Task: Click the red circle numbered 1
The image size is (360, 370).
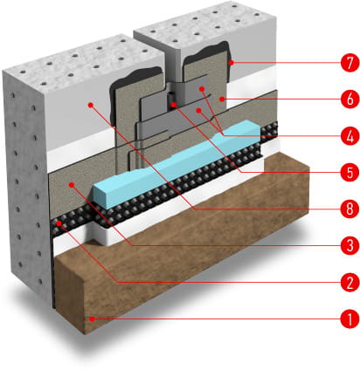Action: coord(350,319)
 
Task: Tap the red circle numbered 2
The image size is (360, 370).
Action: coord(350,282)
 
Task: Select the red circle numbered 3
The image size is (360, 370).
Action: coord(350,245)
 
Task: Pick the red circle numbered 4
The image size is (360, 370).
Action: coord(350,136)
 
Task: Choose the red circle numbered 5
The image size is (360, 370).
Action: coord(350,173)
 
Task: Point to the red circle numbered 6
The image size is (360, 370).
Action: coord(350,99)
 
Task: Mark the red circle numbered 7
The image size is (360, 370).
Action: coord(350,63)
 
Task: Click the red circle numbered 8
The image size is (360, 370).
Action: coord(350,209)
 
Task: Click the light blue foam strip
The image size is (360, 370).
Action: coord(177,164)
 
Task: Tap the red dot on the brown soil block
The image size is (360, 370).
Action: coord(92,319)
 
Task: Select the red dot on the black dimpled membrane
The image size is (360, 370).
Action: coord(59,223)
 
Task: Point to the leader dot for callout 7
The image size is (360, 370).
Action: coord(232,63)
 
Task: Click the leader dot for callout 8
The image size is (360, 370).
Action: coord(91,105)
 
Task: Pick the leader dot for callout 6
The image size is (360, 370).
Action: coord(222,99)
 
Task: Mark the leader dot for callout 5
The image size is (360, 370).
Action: coord(173,105)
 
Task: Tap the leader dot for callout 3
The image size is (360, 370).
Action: coord(72,184)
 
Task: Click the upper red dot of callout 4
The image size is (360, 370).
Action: coord(202,88)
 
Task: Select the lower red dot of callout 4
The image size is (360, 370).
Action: coord(198,110)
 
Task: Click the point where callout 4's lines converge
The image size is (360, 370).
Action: coord(223,135)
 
